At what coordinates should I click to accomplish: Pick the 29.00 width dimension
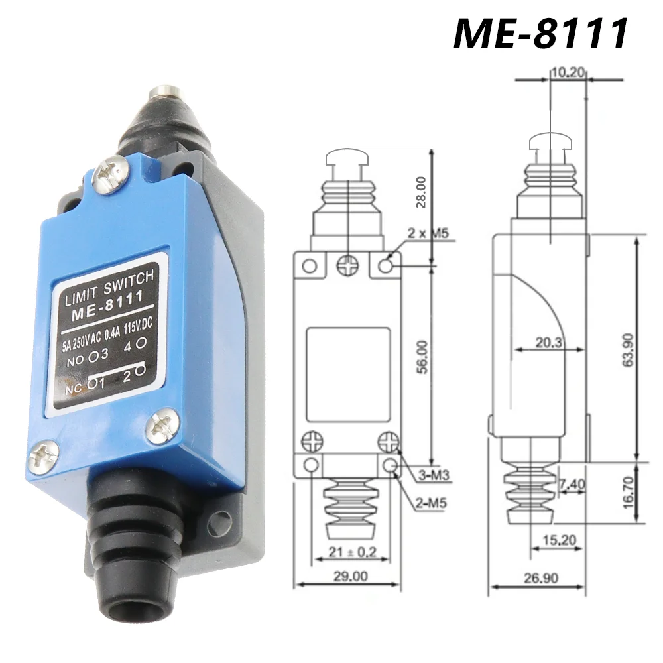point(349,575)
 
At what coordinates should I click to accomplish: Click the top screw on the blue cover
point(109,174)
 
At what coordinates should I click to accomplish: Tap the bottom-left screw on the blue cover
point(43,454)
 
